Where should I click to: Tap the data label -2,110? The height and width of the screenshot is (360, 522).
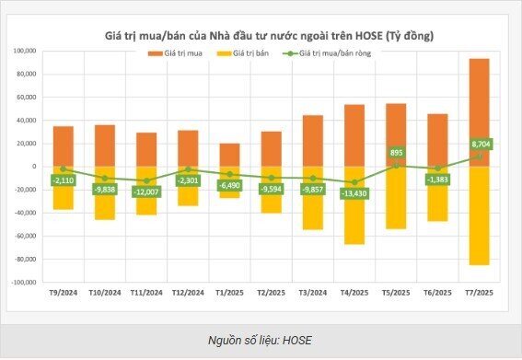[x=63, y=180]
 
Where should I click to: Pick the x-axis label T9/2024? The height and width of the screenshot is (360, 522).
[x=63, y=293]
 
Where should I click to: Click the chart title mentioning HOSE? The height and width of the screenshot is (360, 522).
[x=268, y=34]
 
